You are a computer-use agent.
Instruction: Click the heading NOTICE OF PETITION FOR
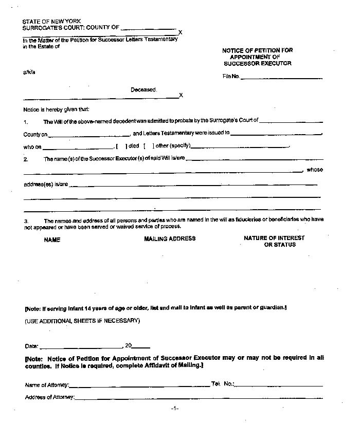pos(258,50)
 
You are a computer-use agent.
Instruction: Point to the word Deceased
pos(143,90)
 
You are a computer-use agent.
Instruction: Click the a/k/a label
pos(29,72)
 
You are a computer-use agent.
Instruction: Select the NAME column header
pos(52,240)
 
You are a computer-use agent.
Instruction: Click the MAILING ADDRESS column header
pos(170,238)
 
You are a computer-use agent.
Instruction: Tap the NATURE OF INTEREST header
pos(274,238)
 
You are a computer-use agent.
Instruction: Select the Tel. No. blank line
pos(279,385)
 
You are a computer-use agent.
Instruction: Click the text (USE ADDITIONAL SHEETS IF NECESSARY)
pos(82,321)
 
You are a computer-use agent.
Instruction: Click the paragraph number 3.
pos(26,221)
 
